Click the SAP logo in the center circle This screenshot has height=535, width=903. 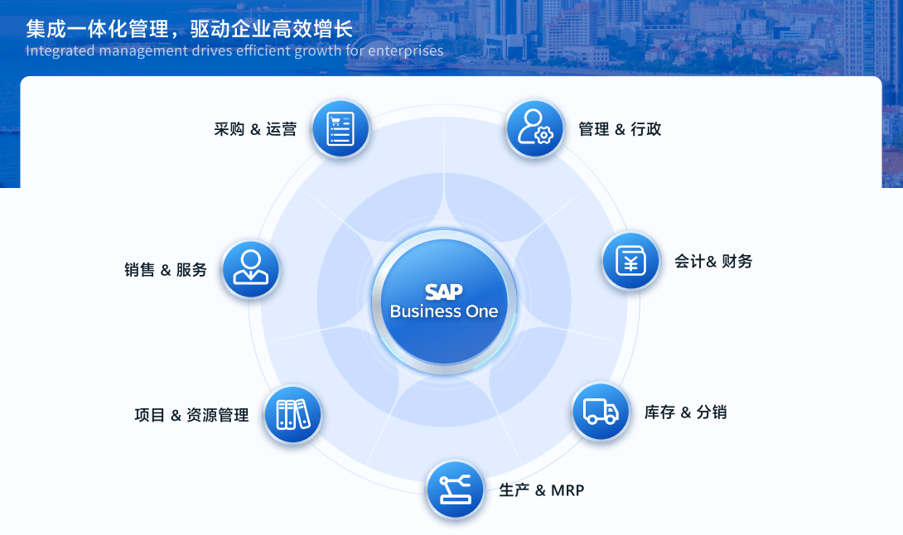pos(443,292)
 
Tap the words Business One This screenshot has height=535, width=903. pos(444,311)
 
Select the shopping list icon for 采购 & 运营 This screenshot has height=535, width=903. pos(340,129)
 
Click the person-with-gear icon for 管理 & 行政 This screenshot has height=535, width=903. pos(535,128)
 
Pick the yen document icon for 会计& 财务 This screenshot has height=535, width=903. pos(630,261)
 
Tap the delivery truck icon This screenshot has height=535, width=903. pos(601,412)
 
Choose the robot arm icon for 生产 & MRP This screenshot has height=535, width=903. pos(455,490)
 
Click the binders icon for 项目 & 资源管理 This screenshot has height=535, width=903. pos(293,415)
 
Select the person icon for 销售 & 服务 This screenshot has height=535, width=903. pos(250,269)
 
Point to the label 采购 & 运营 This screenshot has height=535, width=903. pos(255,129)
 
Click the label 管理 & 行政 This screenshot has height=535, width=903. pos(620,129)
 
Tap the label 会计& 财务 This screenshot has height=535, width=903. pos(713,262)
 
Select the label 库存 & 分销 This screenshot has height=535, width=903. pos(685,412)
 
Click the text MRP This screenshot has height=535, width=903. pos(567,490)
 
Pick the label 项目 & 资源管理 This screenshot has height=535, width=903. pos(191,415)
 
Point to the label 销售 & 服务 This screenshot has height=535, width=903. pos(166,269)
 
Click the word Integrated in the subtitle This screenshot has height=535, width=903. pos(60,51)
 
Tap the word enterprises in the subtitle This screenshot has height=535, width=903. pos(406,51)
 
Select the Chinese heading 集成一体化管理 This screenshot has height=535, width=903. pos(97,29)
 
